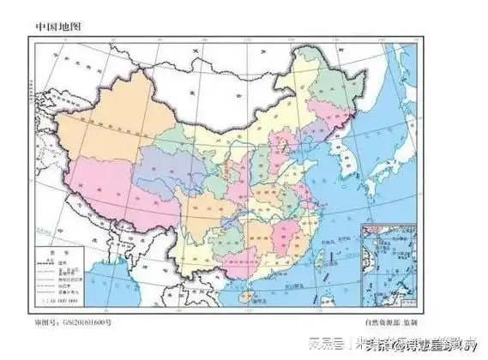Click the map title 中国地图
click(x=57, y=27)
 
